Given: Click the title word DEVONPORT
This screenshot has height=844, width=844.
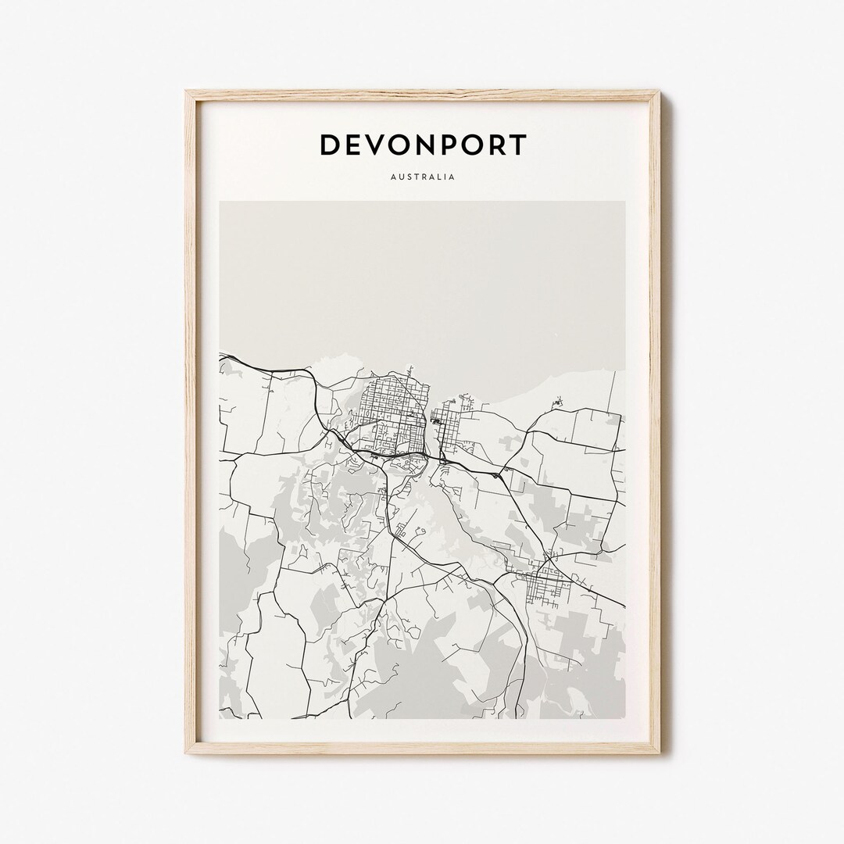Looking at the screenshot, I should (423, 145).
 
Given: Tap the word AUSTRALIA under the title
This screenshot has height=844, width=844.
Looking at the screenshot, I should (423, 177).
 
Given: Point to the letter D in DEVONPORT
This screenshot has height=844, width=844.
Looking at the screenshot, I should (330, 145).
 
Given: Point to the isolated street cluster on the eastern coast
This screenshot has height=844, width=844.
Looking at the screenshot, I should (557, 402).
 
